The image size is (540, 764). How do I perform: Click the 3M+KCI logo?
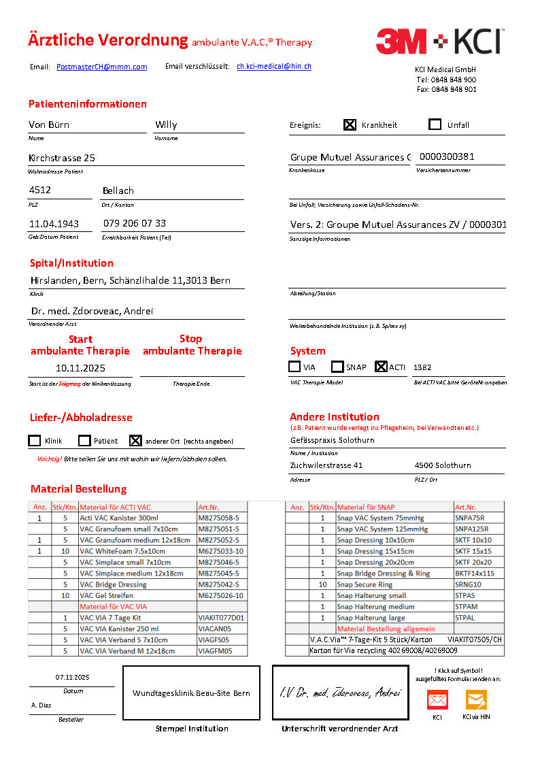pyautogui.click(x=439, y=41)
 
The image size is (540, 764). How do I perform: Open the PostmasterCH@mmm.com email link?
pyautogui.click(x=101, y=67)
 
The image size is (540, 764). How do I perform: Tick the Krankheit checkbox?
pyautogui.click(x=350, y=124)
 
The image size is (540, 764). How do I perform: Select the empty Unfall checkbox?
pyautogui.click(x=435, y=124)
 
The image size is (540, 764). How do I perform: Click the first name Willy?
pyautogui.click(x=166, y=124)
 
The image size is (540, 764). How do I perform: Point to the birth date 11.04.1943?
pyautogui.click(x=54, y=223)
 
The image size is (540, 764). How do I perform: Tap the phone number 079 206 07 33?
pyautogui.click(x=134, y=223)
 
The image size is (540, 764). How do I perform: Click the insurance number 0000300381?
pyautogui.click(x=447, y=156)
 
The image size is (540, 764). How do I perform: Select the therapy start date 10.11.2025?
pyautogui.click(x=80, y=367)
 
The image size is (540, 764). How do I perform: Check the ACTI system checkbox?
pyautogui.click(x=381, y=367)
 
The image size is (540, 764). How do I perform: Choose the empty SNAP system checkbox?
pyautogui.click(x=337, y=367)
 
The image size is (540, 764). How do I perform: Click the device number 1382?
pyautogui.click(x=422, y=367)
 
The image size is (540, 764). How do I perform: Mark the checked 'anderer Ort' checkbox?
pyautogui.click(x=135, y=440)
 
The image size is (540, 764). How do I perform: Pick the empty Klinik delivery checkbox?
pyautogui.click(x=35, y=440)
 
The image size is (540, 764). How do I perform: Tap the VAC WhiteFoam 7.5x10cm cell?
pyautogui.click(x=137, y=551)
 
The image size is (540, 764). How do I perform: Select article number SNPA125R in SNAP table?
pyautogui.click(x=471, y=529)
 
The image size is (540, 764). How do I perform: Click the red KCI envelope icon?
pyautogui.click(x=437, y=699)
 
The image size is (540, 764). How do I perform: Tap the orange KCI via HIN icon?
pyautogui.click(x=476, y=699)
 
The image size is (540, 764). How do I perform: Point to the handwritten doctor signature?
pyautogui.click(x=339, y=693)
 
